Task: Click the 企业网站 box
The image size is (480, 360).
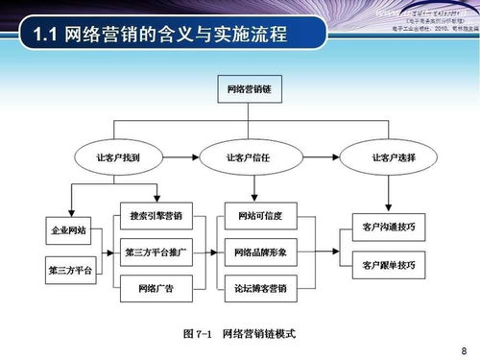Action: click(x=69, y=231)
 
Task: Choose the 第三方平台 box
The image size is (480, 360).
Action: click(x=69, y=270)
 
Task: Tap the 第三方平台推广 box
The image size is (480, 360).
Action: click(x=156, y=252)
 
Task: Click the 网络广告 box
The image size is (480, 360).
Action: click(x=156, y=287)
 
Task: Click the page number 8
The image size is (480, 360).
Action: click(x=464, y=349)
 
